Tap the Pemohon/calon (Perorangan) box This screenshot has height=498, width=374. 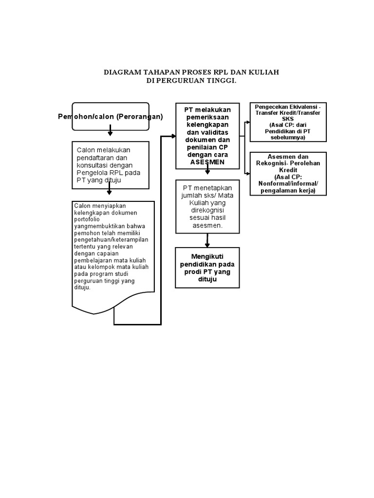pyautogui.click(x=111, y=117)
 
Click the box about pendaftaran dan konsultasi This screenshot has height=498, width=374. pyautogui.click(x=111, y=165)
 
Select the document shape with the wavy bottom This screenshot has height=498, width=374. pyautogui.click(x=113, y=253)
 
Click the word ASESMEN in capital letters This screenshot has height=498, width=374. pyautogui.click(x=207, y=162)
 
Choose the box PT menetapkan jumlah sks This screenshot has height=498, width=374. pyautogui.click(x=207, y=206)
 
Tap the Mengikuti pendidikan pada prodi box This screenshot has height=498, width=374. pyautogui.click(x=207, y=267)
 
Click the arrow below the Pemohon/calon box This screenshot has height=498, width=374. pyautogui.click(x=111, y=130)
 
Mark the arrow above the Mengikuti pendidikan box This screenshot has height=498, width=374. pyautogui.click(x=207, y=240)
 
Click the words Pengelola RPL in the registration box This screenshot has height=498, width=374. pyautogui.click(x=100, y=172)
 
